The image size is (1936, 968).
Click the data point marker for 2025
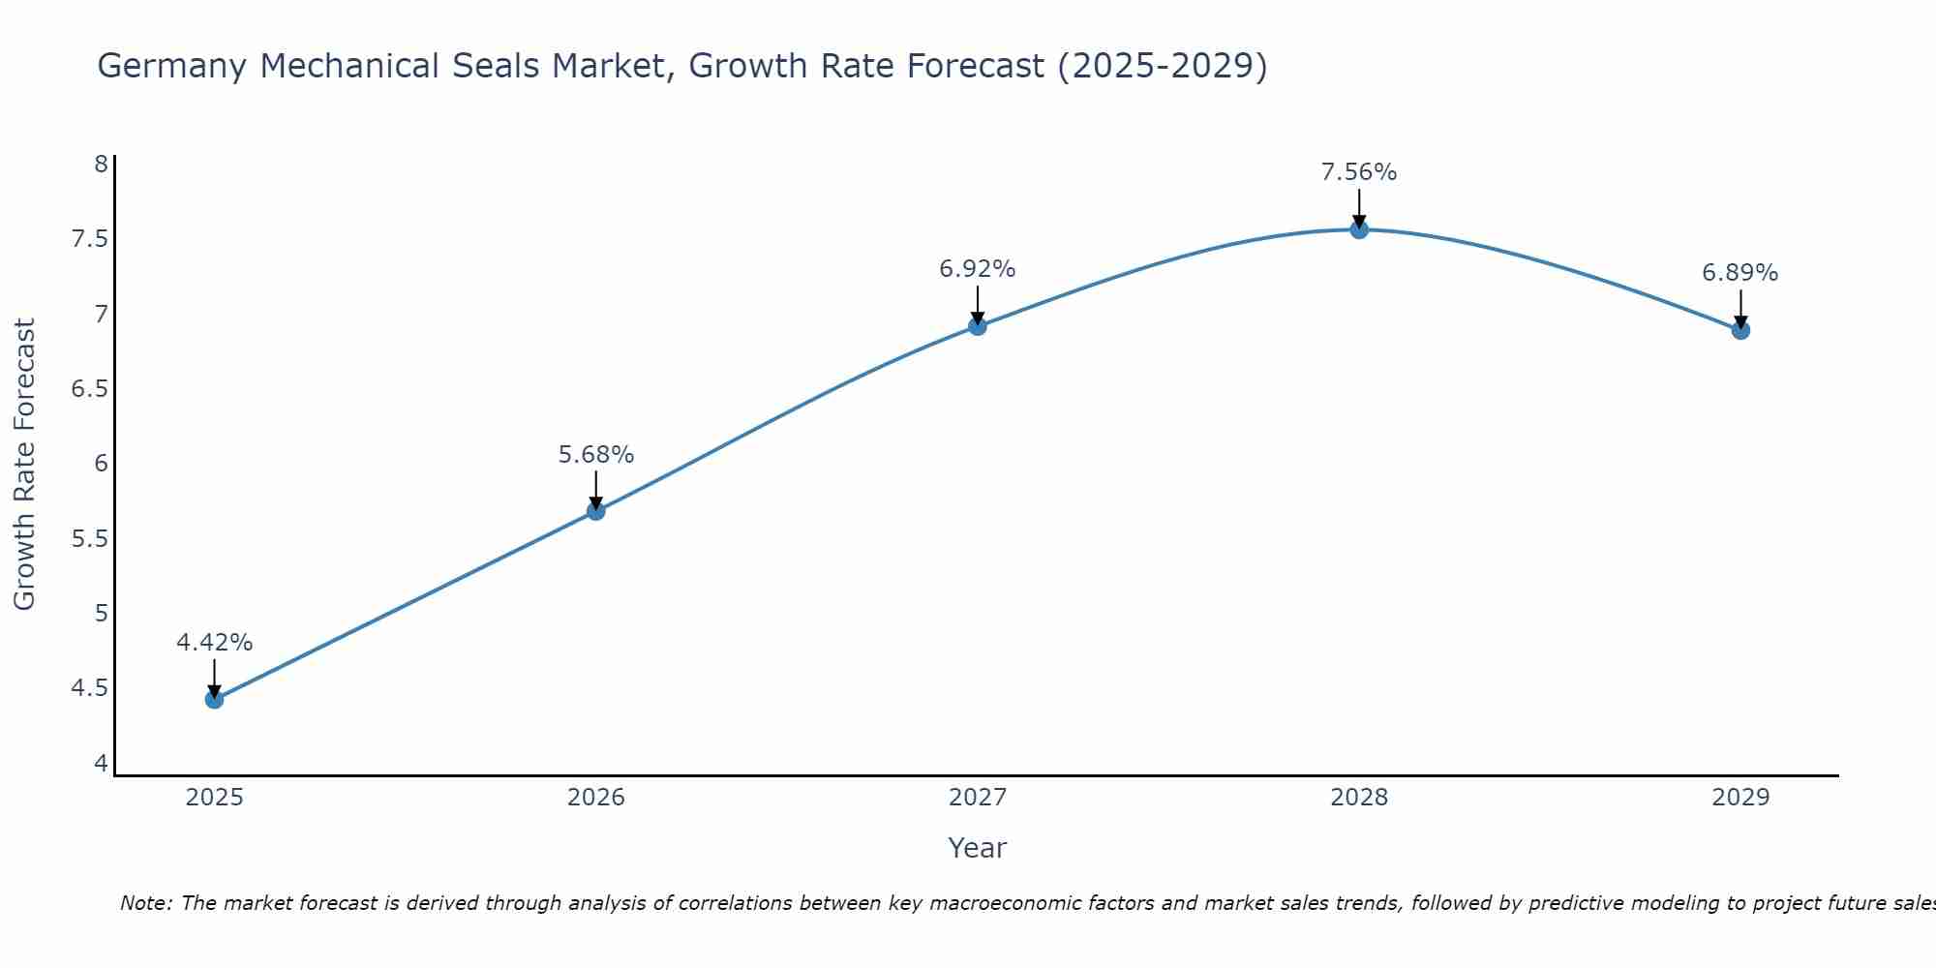point(214,699)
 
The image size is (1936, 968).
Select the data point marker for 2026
point(596,510)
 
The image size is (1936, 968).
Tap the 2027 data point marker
point(978,325)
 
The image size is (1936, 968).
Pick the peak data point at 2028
point(1359,229)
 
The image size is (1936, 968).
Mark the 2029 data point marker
point(1740,330)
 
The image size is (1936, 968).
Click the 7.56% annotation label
point(1359,172)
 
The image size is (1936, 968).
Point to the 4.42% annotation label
point(214,643)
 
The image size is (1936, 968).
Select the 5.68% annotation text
point(596,454)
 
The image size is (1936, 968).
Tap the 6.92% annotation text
point(978,269)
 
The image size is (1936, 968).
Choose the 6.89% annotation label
point(1740,273)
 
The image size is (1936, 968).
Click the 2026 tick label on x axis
point(596,798)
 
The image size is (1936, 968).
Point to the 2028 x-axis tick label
point(1359,798)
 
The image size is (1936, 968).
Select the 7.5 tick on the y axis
point(89,239)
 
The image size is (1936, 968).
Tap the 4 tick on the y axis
point(101,764)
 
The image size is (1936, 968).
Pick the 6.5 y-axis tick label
point(89,389)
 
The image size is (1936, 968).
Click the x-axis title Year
point(978,848)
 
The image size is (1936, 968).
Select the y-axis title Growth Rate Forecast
point(24,465)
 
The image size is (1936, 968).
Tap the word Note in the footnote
point(145,903)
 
